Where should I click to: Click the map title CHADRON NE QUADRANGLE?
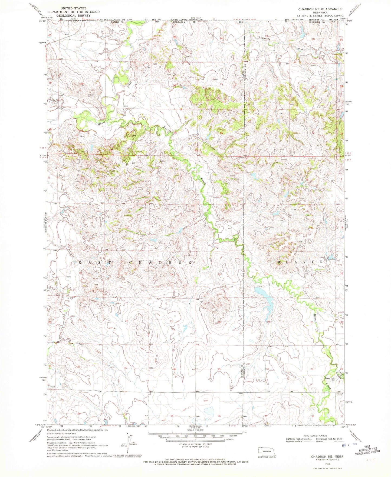click(320, 9)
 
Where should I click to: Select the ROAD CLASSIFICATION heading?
click(315, 436)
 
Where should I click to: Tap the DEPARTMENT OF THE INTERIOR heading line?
click(73, 12)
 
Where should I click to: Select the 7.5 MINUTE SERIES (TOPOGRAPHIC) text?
click(320, 16)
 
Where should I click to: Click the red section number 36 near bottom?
click(219, 416)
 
